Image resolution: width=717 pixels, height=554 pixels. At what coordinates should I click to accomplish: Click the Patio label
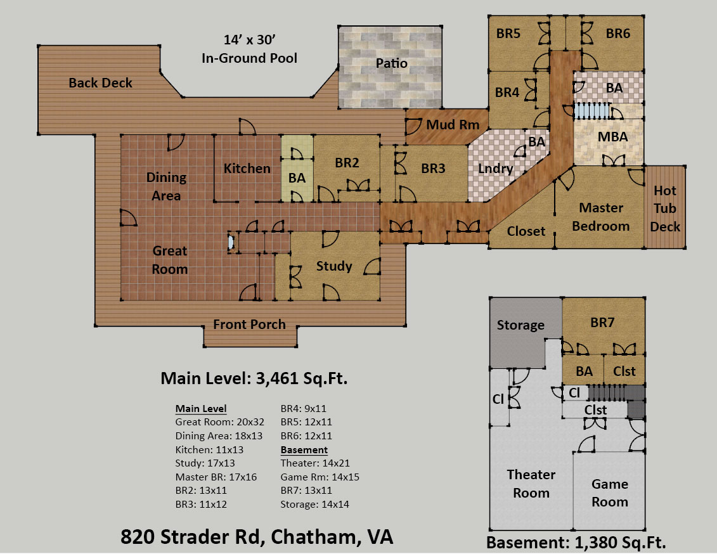(391, 63)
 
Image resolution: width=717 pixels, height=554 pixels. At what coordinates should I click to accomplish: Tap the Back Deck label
(100, 83)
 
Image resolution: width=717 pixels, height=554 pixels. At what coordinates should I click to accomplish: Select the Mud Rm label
(453, 124)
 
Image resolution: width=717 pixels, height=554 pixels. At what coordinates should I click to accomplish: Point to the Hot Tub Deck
(665, 209)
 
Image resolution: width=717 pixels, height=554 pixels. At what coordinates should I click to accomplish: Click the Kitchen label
(247, 168)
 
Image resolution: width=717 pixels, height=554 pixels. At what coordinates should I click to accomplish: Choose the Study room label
(334, 266)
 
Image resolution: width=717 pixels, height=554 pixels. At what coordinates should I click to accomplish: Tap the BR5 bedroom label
(508, 34)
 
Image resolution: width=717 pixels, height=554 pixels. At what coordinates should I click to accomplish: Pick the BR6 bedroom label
(617, 34)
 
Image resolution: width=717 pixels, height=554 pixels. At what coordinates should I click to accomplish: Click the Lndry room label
(496, 168)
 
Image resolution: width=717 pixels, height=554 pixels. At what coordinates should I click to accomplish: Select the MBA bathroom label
(613, 137)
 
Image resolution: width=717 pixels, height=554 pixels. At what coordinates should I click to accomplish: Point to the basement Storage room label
(520, 325)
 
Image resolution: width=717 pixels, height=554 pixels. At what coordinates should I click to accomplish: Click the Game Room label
(609, 493)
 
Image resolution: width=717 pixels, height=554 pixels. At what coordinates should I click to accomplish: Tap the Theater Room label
(531, 484)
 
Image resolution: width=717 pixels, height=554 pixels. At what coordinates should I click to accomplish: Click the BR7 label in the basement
(602, 322)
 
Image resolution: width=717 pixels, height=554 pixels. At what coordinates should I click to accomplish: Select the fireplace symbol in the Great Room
(232, 242)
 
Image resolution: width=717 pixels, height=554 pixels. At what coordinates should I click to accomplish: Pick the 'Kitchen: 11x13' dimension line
(209, 450)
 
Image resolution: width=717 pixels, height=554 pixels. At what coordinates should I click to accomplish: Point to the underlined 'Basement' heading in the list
(304, 450)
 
